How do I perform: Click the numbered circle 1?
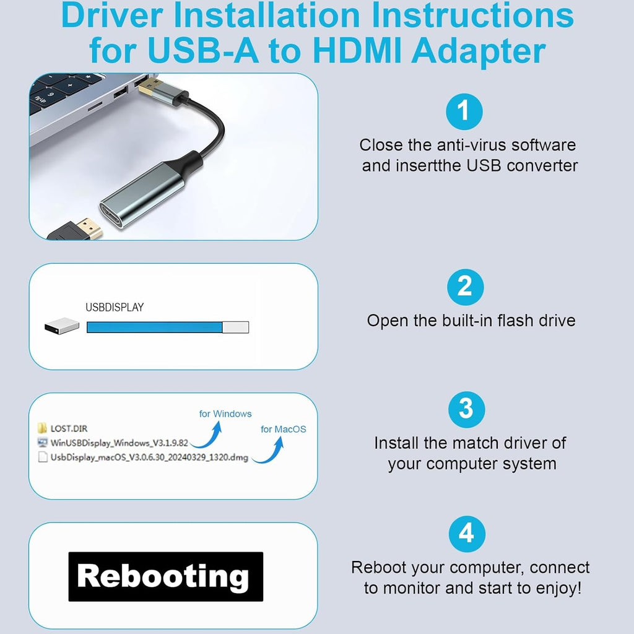(464, 111)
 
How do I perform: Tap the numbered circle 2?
(466, 287)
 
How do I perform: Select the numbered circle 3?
(467, 410)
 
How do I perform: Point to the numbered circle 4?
(467, 534)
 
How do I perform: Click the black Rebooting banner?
(166, 576)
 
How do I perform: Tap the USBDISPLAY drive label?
(115, 307)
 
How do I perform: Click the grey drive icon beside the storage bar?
(62, 326)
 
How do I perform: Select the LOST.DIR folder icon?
(42, 428)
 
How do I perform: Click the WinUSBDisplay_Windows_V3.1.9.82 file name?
(119, 443)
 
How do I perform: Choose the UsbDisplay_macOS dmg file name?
(149, 458)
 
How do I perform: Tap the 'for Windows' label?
(225, 414)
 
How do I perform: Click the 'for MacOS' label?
(284, 429)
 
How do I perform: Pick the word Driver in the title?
(112, 15)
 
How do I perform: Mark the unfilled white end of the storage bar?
(236, 327)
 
